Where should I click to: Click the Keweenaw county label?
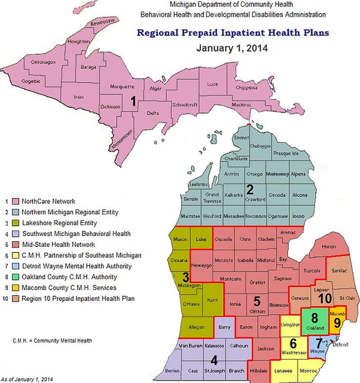click(x=102, y=22)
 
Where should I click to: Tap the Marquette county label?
click(x=122, y=87)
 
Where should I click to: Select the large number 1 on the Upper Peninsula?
click(x=133, y=101)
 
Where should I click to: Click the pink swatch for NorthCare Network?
click(x=16, y=201)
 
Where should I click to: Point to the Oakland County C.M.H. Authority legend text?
click(x=69, y=277)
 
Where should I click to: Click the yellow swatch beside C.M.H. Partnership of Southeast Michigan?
click(x=16, y=255)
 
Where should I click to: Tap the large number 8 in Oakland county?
click(x=314, y=318)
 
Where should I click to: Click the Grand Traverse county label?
click(x=212, y=198)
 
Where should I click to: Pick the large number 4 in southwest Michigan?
click(x=214, y=360)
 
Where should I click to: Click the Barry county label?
click(x=224, y=327)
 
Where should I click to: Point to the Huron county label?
click(x=328, y=246)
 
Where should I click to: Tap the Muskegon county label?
click(x=189, y=285)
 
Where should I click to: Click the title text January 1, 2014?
click(x=232, y=48)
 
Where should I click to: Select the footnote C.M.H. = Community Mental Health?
click(x=52, y=341)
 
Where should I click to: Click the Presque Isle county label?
click(x=286, y=153)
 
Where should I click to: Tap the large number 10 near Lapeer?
click(x=325, y=299)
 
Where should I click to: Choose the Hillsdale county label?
click(x=258, y=371)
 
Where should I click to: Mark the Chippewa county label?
click(x=246, y=88)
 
